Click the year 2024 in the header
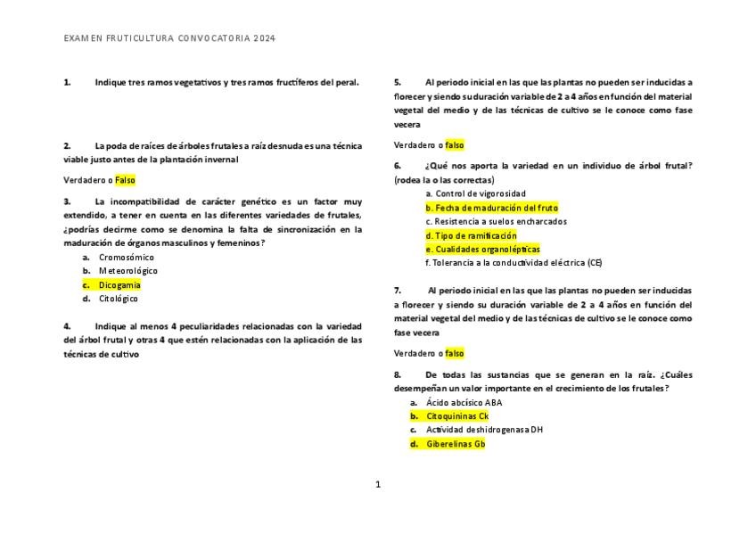tap(264, 39)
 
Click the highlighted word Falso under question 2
tap(125, 180)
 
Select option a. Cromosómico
tap(126, 257)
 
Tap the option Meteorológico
tap(127, 271)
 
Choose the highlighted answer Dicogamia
tap(119, 285)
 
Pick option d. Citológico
tap(118, 299)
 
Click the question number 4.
tap(67, 326)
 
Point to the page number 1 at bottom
tap(378, 485)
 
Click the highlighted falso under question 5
tap(455, 144)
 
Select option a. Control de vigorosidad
tap(475, 193)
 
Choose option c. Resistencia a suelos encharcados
tap(496, 221)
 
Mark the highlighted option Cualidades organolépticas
tap(482, 250)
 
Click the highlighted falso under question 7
tap(455, 354)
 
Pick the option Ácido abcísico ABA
tap(464, 402)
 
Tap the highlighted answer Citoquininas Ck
tap(456, 416)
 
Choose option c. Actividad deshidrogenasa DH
tap(484, 430)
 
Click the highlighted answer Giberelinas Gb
tap(455, 444)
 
